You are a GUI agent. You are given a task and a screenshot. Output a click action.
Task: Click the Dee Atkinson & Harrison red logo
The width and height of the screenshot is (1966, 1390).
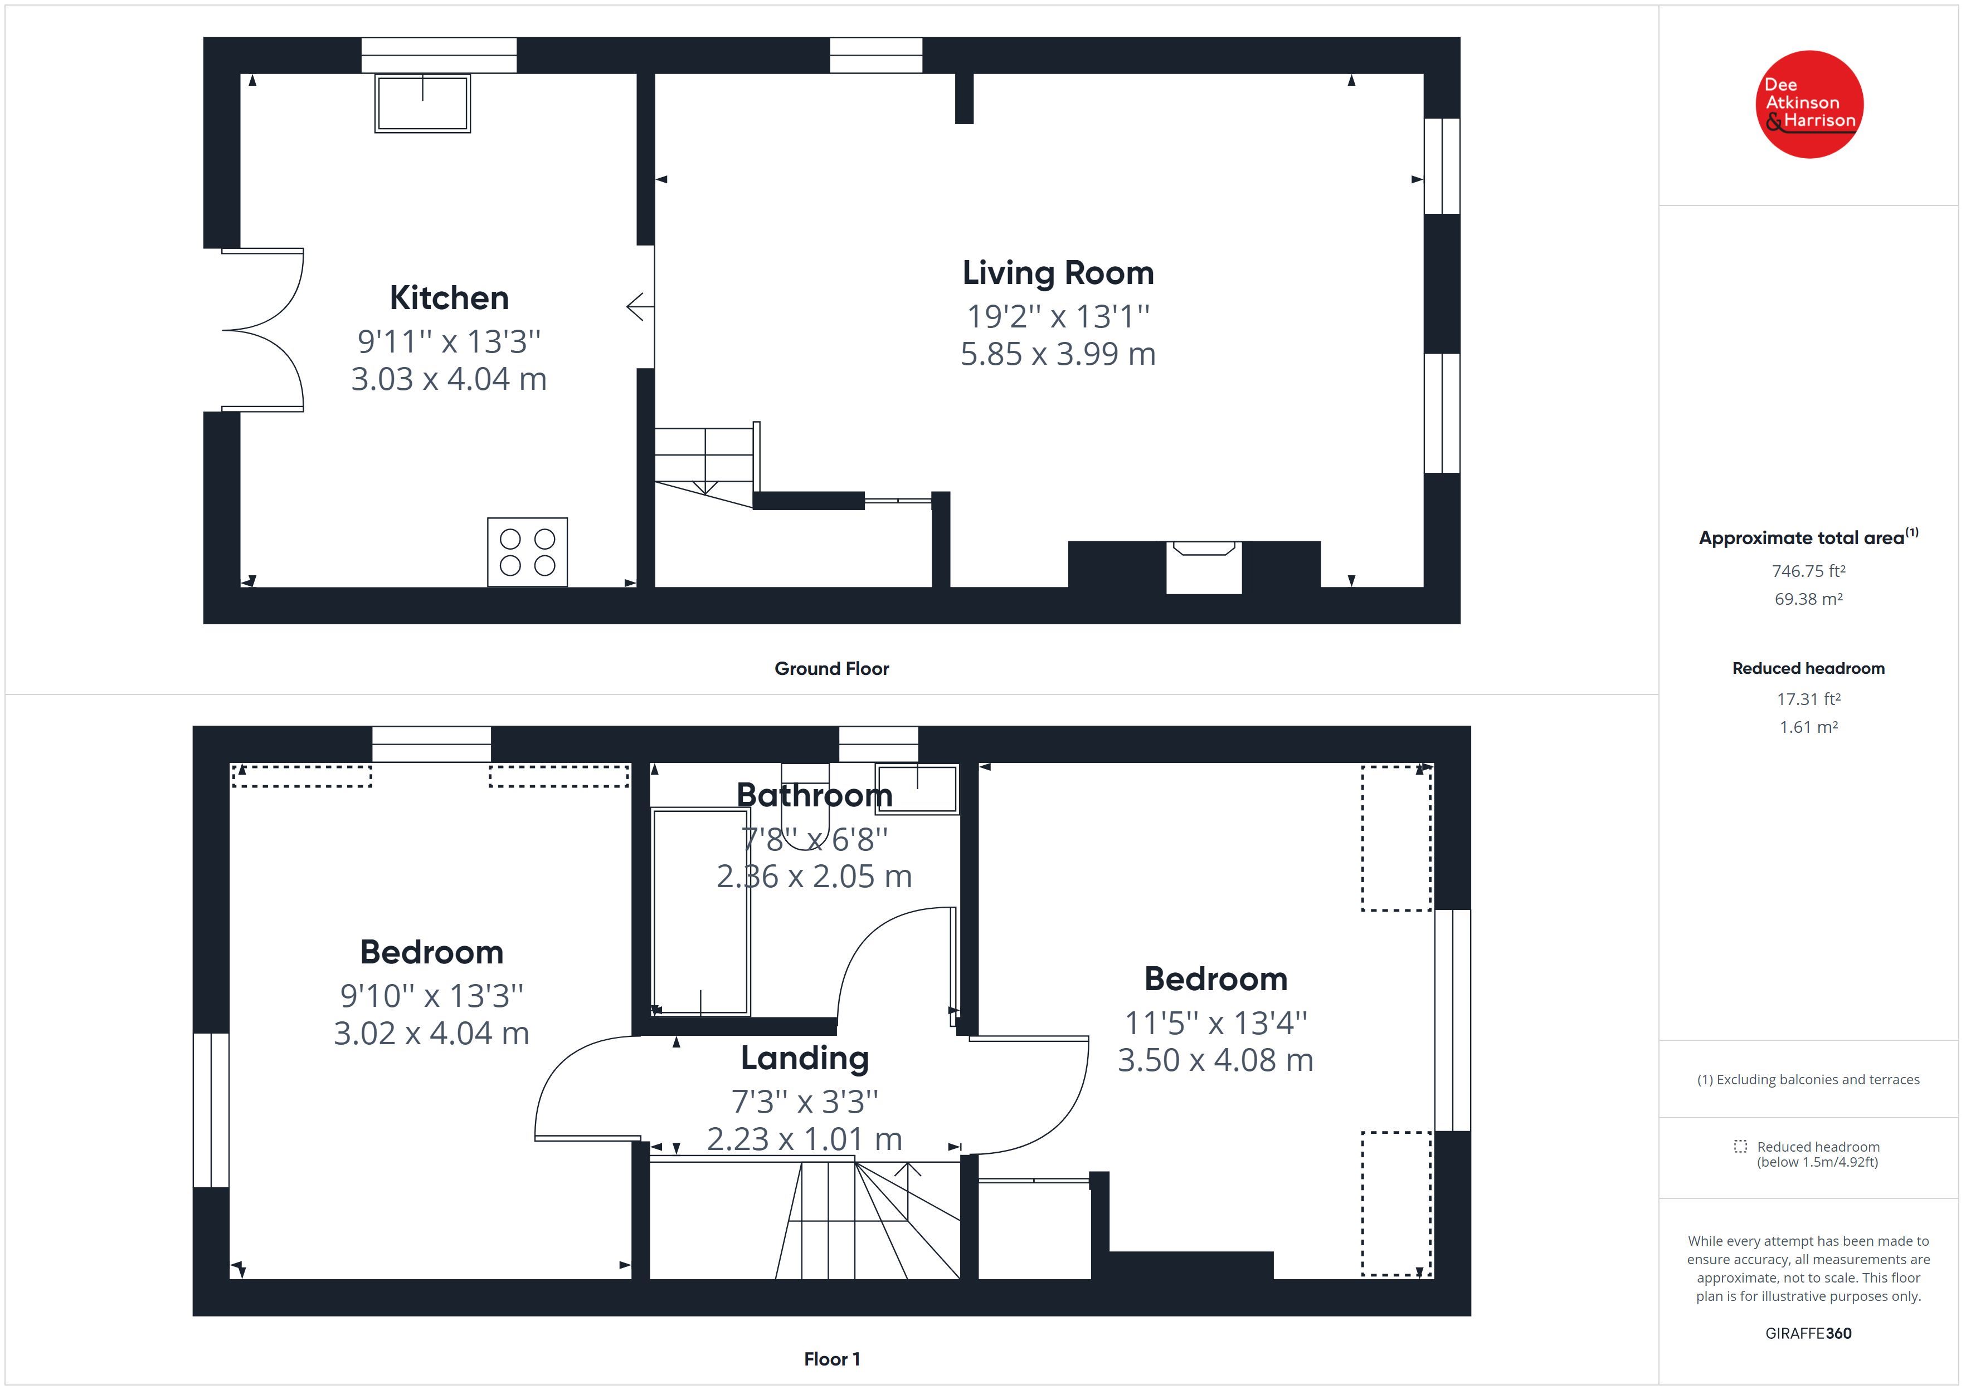1809,105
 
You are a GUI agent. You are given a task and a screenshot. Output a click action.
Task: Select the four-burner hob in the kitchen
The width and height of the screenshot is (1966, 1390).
528,552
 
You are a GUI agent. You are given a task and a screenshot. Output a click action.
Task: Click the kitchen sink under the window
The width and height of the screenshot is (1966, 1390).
422,102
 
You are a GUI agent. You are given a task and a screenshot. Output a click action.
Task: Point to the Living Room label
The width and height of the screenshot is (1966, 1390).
1058,273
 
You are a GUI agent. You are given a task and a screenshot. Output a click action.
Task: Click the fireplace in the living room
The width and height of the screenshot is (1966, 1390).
1203,566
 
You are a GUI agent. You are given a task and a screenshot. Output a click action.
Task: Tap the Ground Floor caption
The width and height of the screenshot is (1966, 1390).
831,668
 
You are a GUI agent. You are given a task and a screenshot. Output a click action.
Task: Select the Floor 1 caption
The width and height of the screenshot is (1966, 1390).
831,1359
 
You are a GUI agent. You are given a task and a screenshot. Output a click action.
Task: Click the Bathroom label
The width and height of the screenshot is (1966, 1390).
814,795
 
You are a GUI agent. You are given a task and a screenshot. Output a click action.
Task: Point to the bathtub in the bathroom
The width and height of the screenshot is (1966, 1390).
700,912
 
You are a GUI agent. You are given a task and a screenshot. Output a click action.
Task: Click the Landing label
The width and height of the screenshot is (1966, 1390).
805,1059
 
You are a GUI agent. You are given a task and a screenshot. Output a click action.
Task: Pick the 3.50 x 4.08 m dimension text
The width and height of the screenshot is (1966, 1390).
1215,1060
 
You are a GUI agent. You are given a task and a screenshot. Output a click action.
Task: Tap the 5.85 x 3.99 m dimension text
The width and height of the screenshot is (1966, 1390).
1058,354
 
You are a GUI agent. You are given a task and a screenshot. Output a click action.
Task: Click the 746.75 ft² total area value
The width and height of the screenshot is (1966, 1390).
1808,571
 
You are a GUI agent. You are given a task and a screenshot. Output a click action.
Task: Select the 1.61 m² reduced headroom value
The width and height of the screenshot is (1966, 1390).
1808,727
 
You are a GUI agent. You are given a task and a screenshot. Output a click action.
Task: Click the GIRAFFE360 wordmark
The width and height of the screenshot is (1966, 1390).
1808,1334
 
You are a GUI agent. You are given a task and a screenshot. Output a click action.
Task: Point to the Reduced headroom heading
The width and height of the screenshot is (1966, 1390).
1808,668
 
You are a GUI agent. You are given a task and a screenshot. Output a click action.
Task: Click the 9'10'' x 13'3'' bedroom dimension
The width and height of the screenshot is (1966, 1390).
431,995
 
